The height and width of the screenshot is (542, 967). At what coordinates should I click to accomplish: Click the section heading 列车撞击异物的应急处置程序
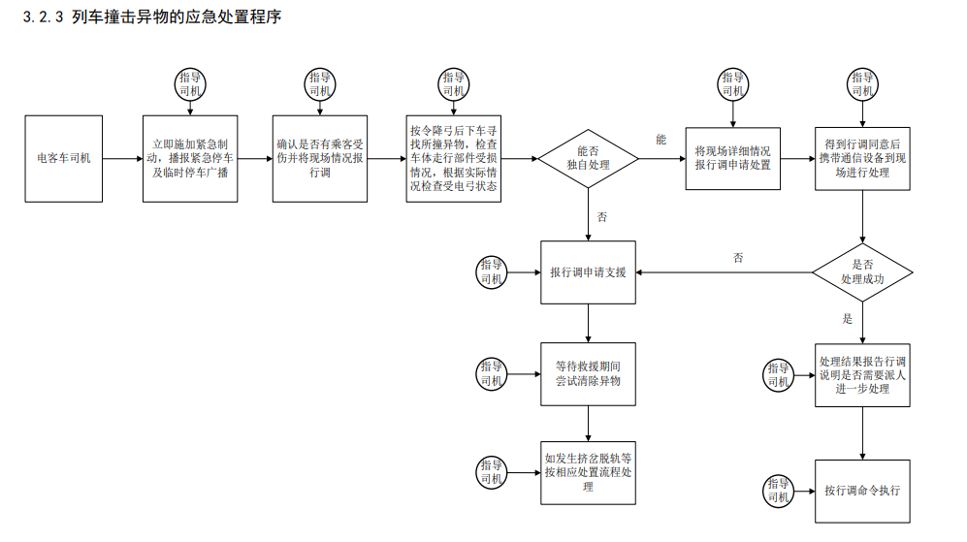(x=176, y=16)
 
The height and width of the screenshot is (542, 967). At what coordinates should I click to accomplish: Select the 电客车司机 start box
(x=64, y=158)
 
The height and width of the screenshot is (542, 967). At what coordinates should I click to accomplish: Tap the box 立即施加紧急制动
(x=190, y=158)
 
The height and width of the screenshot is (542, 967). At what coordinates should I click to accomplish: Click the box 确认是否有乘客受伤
(x=320, y=158)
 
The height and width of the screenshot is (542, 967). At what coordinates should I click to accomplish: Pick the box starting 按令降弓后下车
(x=454, y=158)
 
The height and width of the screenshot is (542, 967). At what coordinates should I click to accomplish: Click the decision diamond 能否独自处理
(x=588, y=158)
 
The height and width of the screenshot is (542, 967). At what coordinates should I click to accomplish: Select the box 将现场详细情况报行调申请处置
(x=733, y=158)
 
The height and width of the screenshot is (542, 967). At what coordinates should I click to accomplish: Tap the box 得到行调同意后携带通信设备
(x=861, y=158)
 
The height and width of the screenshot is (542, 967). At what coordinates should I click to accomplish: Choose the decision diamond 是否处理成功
(x=861, y=271)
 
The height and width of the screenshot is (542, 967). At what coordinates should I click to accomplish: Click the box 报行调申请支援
(x=588, y=272)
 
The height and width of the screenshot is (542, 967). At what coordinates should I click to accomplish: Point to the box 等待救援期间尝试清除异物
(x=588, y=374)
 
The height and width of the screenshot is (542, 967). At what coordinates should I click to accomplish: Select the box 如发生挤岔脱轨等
(x=588, y=472)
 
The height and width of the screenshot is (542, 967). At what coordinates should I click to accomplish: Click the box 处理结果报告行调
(x=861, y=375)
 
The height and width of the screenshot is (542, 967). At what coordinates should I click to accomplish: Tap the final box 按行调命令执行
(x=861, y=490)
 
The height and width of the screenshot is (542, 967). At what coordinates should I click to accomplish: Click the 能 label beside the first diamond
(x=661, y=141)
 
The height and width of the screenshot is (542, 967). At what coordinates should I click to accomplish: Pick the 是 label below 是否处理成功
(x=847, y=319)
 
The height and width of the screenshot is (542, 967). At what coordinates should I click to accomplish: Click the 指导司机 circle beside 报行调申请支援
(x=492, y=272)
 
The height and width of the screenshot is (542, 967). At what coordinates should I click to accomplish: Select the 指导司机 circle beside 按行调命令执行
(x=779, y=490)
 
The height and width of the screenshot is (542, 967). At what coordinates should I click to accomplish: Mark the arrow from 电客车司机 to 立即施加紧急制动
(x=121, y=158)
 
